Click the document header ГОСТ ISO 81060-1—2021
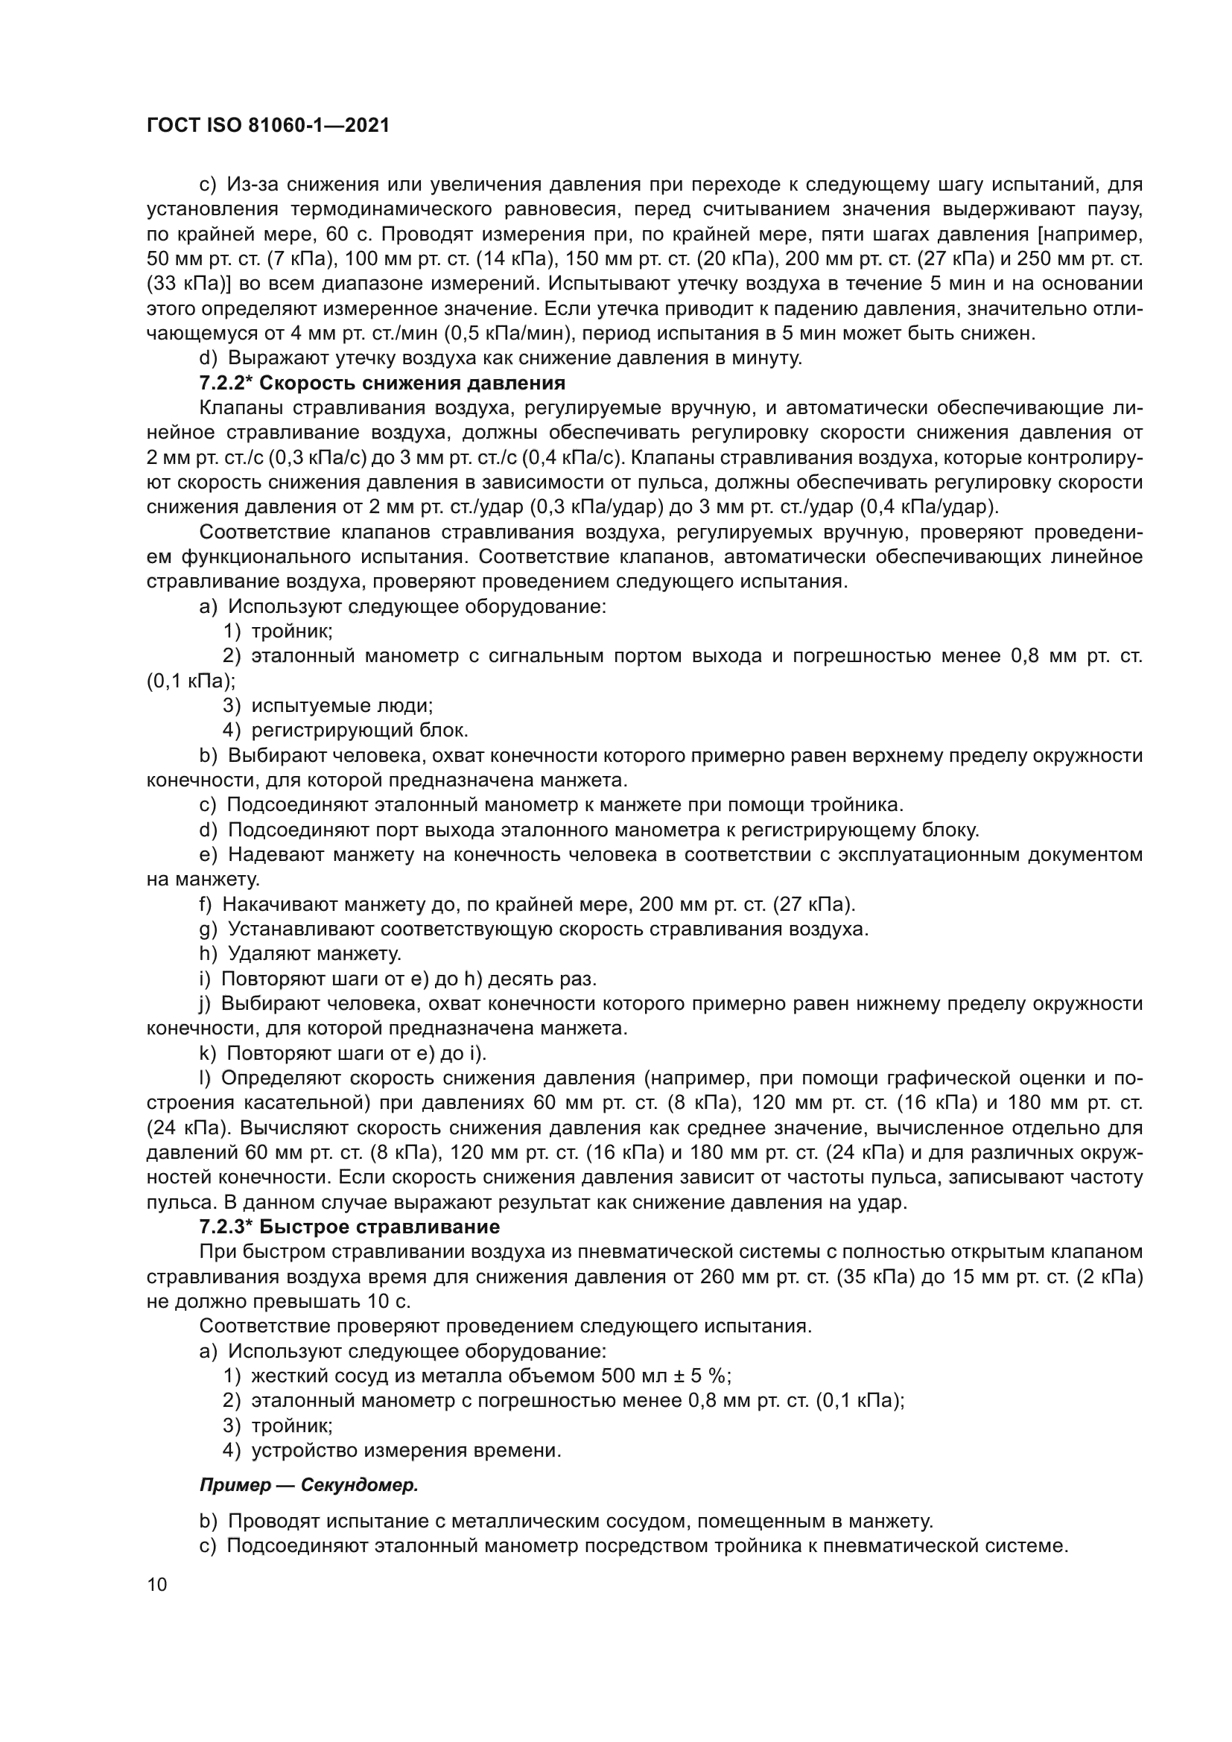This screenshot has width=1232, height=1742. click(x=268, y=126)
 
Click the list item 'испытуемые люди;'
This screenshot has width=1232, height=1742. click(x=342, y=705)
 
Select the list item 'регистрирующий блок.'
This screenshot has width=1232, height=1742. click(x=360, y=731)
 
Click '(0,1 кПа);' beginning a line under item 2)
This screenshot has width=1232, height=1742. click(x=191, y=681)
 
